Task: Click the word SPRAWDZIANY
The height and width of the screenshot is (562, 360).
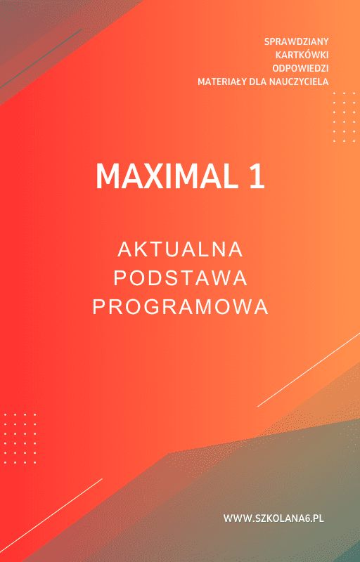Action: [x=297, y=41]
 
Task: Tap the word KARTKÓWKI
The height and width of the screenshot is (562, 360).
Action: [x=302, y=55]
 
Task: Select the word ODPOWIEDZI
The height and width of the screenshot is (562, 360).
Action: [x=300, y=68]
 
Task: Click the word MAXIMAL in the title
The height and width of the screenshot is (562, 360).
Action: [x=167, y=177]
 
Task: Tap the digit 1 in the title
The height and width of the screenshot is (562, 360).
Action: [x=257, y=177]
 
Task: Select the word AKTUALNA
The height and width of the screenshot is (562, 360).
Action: [x=181, y=249]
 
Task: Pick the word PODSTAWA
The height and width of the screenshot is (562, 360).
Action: [x=181, y=278]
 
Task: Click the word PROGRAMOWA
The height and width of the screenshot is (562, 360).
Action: [x=181, y=307]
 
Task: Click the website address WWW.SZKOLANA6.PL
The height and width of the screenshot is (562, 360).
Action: [x=274, y=518]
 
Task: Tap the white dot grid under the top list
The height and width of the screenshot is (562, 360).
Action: [x=344, y=117]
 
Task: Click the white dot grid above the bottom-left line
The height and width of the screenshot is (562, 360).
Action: [x=20, y=438]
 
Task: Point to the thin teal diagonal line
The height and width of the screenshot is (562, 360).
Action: [x=41, y=58]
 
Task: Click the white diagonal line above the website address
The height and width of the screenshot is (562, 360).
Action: [x=309, y=370]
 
